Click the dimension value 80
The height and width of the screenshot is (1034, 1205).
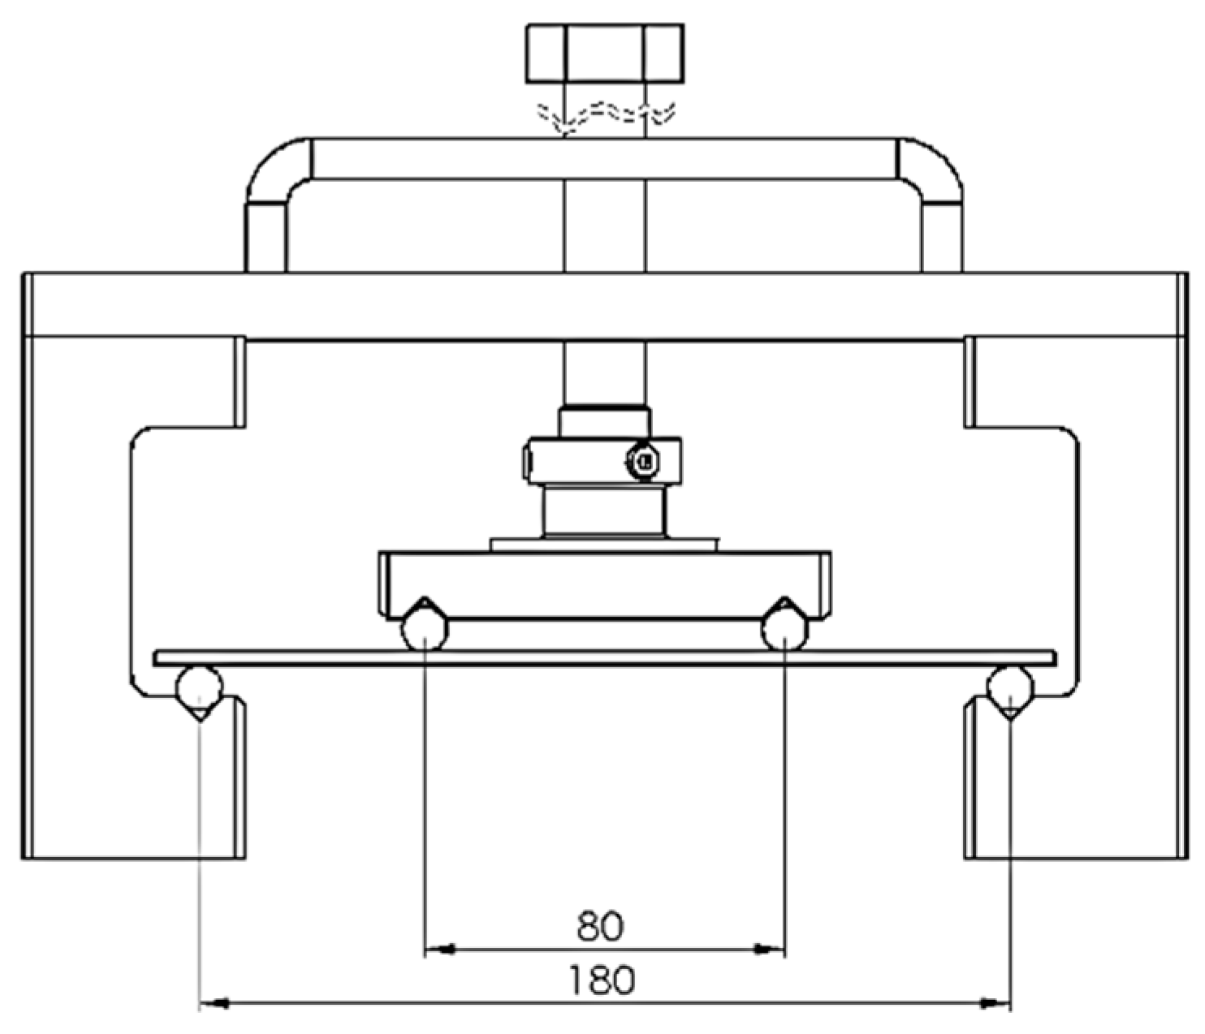pyautogui.click(x=600, y=926)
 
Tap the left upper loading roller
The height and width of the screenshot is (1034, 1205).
pyautogui.click(x=424, y=629)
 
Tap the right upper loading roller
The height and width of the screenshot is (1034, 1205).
pyautogui.click(x=784, y=629)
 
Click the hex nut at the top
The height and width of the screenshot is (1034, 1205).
pyautogui.click(x=605, y=53)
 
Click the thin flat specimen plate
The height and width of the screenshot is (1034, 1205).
pyautogui.click(x=605, y=657)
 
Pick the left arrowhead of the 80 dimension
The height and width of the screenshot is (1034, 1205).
pyautogui.click(x=438, y=948)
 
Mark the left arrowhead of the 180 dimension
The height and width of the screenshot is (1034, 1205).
pyautogui.click(x=213, y=1004)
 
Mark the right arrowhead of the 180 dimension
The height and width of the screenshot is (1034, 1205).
pyautogui.click(x=996, y=1004)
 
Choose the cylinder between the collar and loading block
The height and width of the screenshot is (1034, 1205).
pyautogui.click(x=605, y=511)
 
